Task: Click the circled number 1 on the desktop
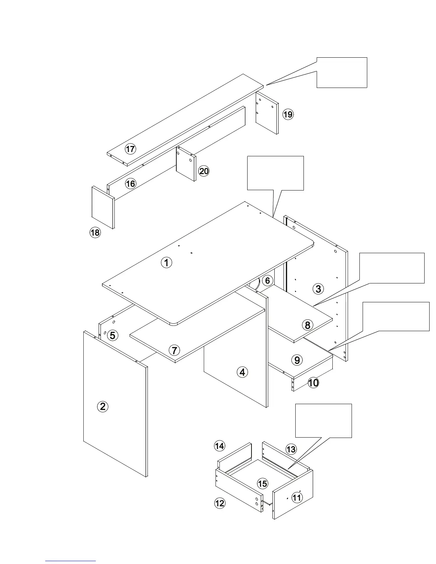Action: click(x=166, y=263)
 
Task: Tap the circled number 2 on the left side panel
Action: click(x=103, y=406)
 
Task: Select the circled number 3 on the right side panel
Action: click(x=318, y=289)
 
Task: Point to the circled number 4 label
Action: click(x=242, y=372)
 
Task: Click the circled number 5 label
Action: click(x=113, y=335)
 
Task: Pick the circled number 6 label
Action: click(x=268, y=281)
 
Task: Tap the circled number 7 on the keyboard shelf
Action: click(x=174, y=350)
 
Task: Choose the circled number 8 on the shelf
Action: click(x=307, y=325)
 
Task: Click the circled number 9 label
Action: click(x=297, y=360)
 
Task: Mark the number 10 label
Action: click(x=313, y=383)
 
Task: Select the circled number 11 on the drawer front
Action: click(x=297, y=497)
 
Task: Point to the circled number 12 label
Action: click(x=220, y=503)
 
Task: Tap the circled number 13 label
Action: click(x=291, y=449)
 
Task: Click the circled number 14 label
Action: click(x=219, y=445)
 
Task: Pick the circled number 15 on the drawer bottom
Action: click(x=263, y=484)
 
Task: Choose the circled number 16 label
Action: click(x=131, y=183)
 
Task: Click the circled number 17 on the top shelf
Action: click(x=130, y=149)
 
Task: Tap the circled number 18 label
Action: click(x=95, y=233)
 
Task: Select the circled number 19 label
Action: click(x=288, y=114)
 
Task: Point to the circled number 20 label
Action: click(x=204, y=171)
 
